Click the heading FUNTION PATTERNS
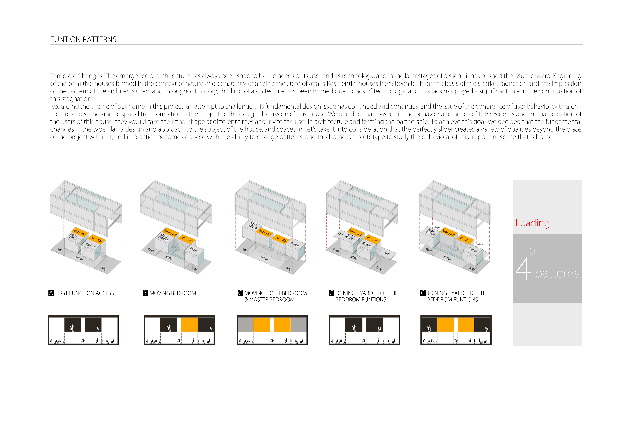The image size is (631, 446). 83,40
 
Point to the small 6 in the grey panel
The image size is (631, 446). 532,250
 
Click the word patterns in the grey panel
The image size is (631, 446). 557,273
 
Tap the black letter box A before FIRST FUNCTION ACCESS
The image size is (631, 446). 51,293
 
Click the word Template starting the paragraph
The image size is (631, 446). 63,76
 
